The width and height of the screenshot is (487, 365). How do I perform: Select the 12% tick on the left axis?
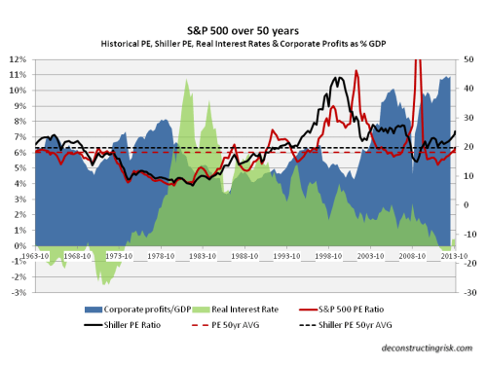click(18, 59)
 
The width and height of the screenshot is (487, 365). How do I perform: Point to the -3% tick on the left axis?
click(18, 292)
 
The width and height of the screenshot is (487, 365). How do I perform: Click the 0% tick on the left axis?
click(19, 245)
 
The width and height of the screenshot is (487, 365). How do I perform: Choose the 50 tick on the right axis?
click(470, 59)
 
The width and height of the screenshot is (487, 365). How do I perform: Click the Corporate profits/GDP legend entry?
click(113, 308)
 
